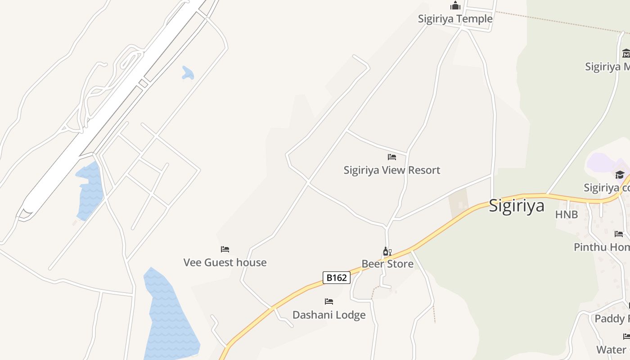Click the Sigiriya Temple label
455,19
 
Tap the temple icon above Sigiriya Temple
455,6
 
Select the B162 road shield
336,278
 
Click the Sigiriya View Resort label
391,170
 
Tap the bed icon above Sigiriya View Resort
392,157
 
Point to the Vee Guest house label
225,262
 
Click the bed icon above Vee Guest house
225,249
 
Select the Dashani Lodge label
329,315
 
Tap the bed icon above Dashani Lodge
329,301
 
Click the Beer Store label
387,264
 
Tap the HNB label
566,215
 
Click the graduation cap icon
620,175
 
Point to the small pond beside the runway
188,73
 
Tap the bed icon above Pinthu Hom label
619,234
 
